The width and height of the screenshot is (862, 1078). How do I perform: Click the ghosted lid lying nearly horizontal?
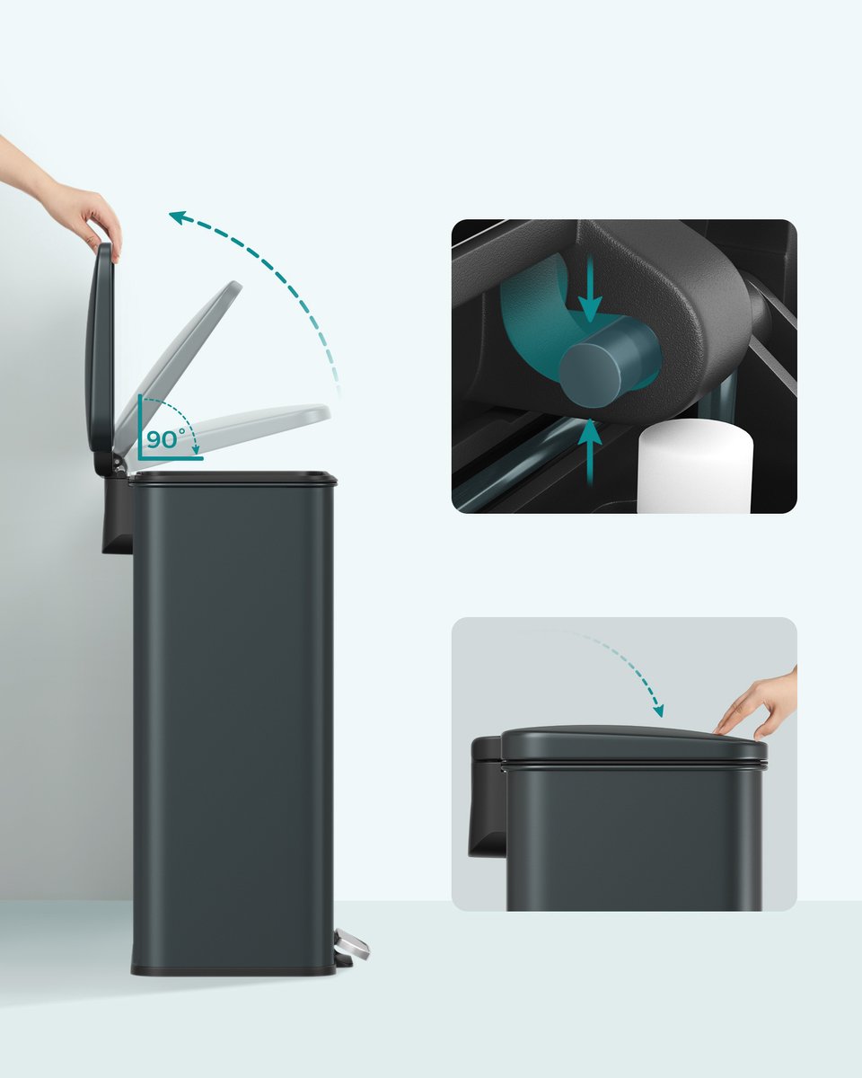pyautogui.click(x=235, y=431)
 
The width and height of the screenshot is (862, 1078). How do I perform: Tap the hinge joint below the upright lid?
pyautogui.click(x=119, y=462)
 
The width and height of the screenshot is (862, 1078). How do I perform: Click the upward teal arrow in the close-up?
pyautogui.click(x=590, y=452)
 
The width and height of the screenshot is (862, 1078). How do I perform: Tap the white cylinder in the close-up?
pyautogui.click(x=695, y=467)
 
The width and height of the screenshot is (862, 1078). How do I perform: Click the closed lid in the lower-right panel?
pyautogui.click(x=634, y=746)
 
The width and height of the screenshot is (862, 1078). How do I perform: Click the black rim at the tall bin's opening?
pyautogui.click(x=233, y=477)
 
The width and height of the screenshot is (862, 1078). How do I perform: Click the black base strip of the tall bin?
pyautogui.click(x=233, y=970)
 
